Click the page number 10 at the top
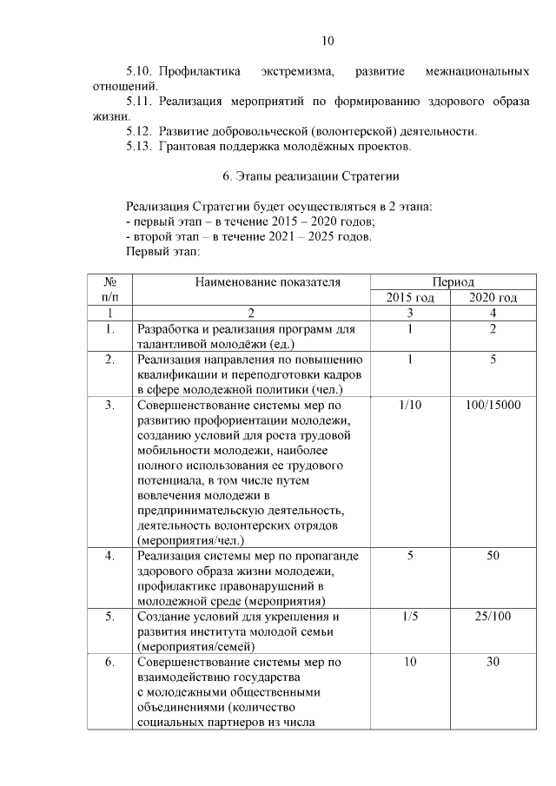327,40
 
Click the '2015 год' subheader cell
409,298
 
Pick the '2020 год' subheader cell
493,298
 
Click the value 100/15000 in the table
493,406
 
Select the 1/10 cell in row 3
409,406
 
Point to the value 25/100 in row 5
493,617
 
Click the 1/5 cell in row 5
409,617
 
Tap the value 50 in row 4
493,556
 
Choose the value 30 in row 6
493,662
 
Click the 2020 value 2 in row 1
493,330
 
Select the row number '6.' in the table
110,662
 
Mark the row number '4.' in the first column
110,556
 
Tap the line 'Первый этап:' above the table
163,253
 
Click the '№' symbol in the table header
110,281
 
